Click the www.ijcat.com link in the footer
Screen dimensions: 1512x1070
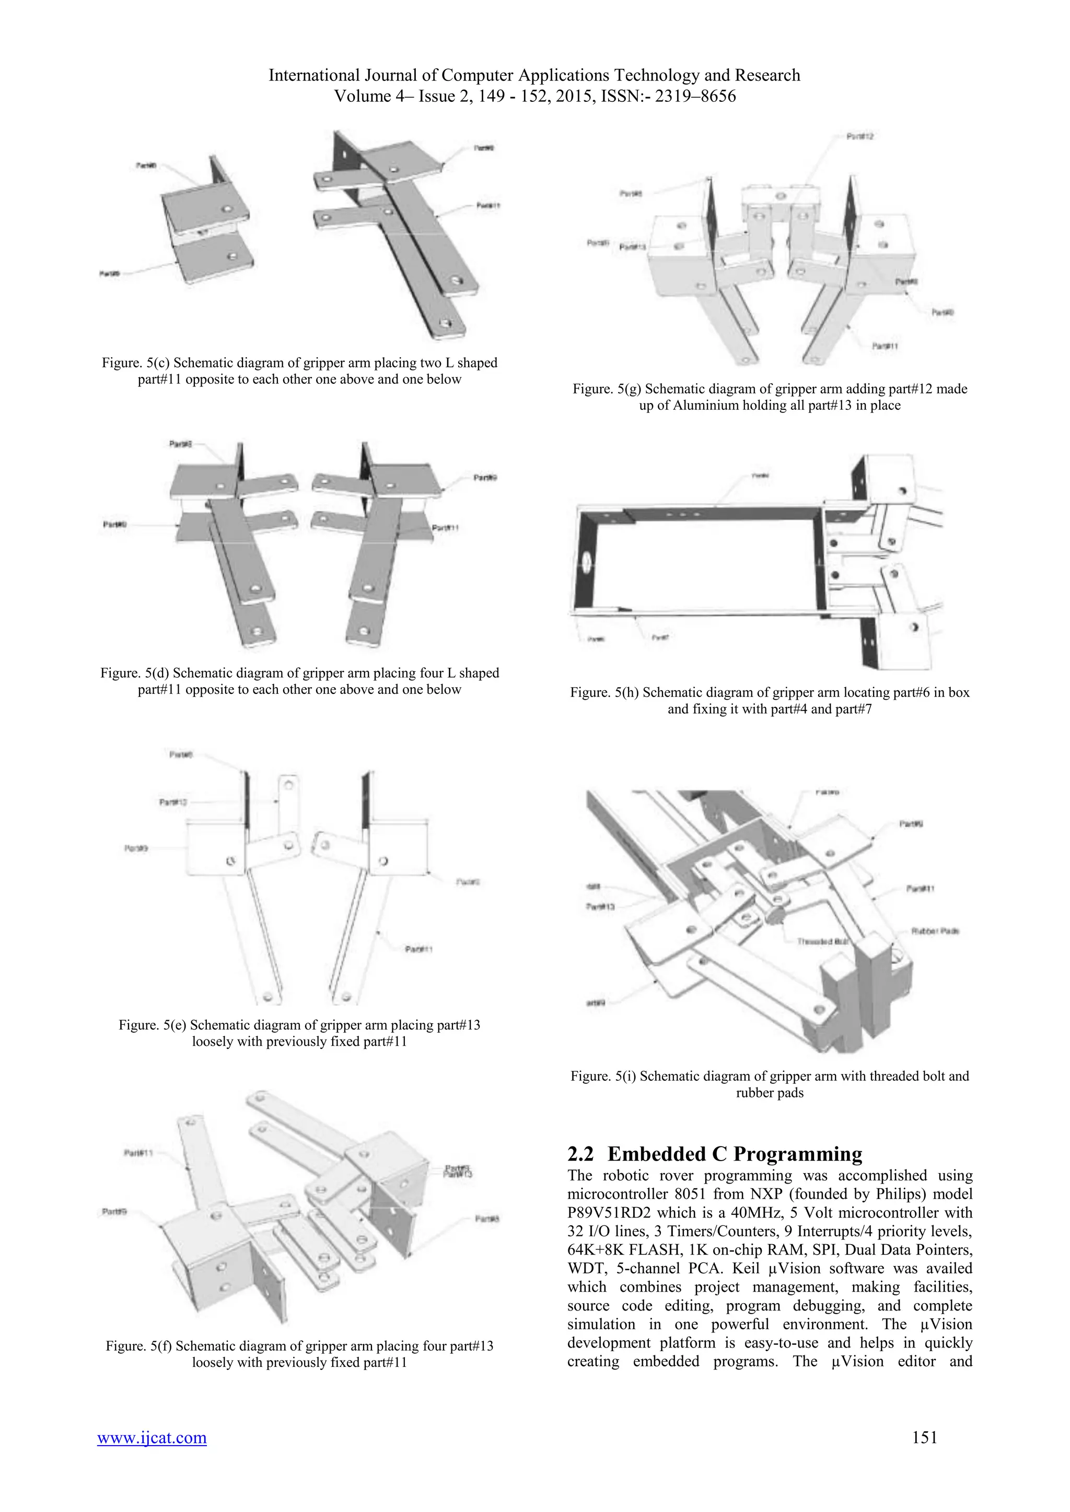coord(152,1437)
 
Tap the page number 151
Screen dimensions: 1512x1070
coord(924,1437)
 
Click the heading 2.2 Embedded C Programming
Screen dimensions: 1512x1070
coord(715,1154)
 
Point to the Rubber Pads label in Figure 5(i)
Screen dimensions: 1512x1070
coord(935,931)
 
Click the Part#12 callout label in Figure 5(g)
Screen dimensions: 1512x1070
coord(860,136)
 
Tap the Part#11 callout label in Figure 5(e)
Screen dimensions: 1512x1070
coord(418,949)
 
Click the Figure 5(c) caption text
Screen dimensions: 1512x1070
coord(299,371)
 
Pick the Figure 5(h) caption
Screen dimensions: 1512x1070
coord(770,701)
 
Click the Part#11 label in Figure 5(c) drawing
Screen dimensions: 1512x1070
coord(488,206)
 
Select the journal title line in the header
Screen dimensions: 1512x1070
coord(534,75)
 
